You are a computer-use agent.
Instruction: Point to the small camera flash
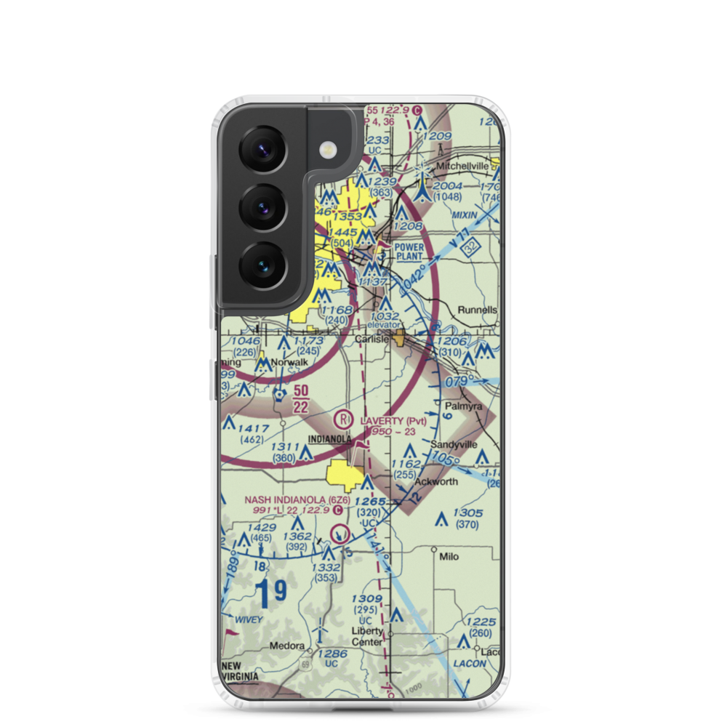click(328, 150)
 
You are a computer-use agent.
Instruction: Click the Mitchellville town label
click(462, 166)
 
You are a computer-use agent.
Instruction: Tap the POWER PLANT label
click(409, 252)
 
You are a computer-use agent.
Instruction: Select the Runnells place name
click(478, 310)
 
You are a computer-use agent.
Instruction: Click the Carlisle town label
click(371, 340)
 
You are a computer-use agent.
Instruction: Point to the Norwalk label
click(289, 361)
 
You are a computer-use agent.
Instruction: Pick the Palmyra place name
click(465, 407)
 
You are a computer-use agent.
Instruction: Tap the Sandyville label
click(454, 443)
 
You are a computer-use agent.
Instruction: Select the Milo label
click(449, 556)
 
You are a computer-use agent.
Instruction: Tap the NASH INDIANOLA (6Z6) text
click(297, 500)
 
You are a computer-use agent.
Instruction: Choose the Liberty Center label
click(367, 637)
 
